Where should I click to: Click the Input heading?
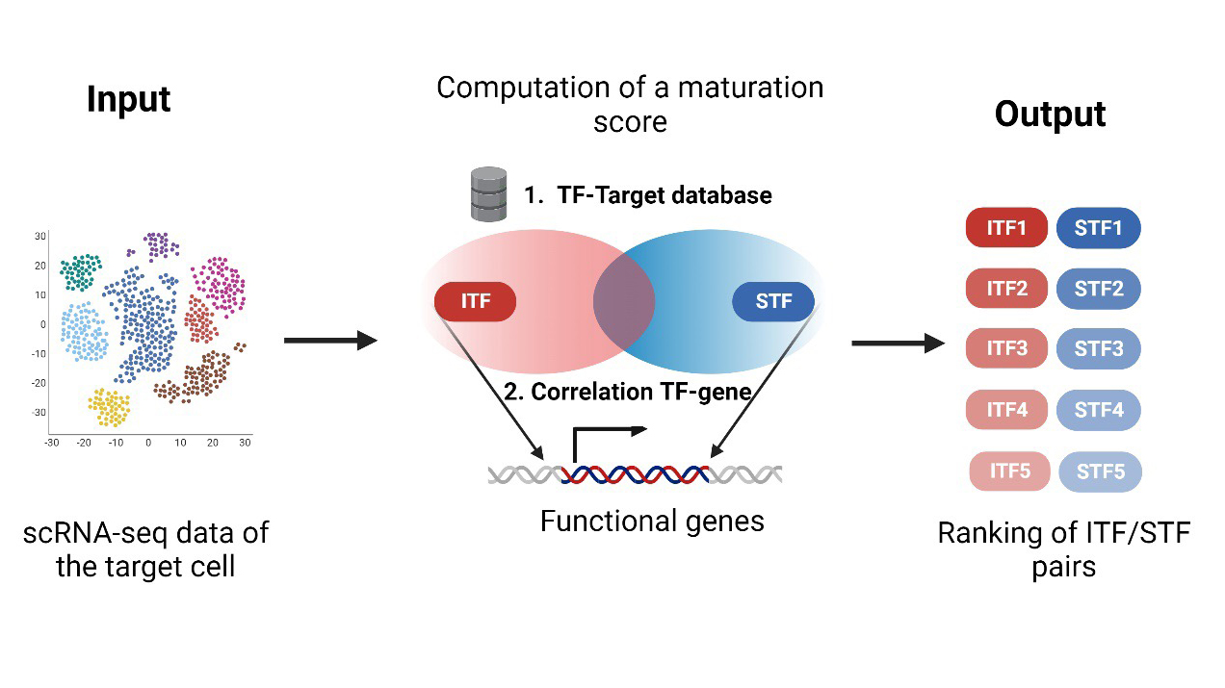pyautogui.click(x=128, y=99)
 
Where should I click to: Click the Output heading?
pyautogui.click(x=1050, y=115)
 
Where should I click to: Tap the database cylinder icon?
pyautogui.click(x=488, y=193)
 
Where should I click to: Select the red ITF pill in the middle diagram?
pyautogui.click(x=476, y=301)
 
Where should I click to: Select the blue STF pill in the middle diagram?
pyautogui.click(x=773, y=301)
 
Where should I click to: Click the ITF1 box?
pyautogui.click(x=1006, y=229)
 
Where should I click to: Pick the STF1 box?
pyautogui.click(x=1099, y=229)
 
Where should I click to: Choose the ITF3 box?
pyautogui.click(x=1006, y=348)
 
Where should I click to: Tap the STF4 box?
pyautogui.click(x=1099, y=410)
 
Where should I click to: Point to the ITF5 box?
pyautogui.click(x=1009, y=471)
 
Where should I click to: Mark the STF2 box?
pyautogui.click(x=1099, y=288)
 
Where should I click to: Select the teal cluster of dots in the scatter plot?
pyautogui.click(x=80, y=270)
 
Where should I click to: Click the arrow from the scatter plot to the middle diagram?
pyautogui.click(x=329, y=341)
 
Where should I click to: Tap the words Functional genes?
pyautogui.click(x=652, y=522)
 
